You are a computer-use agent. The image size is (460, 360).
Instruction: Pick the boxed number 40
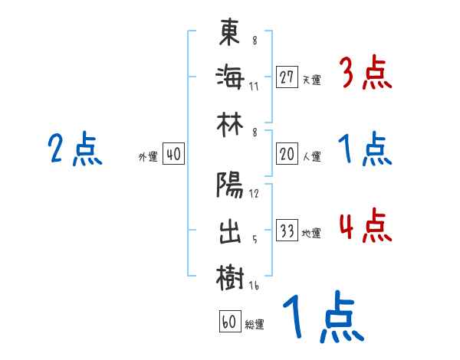pos(173,155)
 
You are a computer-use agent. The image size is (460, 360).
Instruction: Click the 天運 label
pos(311,80)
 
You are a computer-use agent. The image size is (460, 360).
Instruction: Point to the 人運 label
pos(311,156)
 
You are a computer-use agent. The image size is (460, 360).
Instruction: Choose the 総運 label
pos(255,324)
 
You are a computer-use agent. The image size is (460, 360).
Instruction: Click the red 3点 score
pos(365,74)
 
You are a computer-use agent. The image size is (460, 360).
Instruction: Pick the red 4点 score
pos(365,227)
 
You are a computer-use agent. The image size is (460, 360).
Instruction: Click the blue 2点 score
pos(75,149)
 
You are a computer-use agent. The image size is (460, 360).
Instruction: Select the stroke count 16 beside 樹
pos(254,286)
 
